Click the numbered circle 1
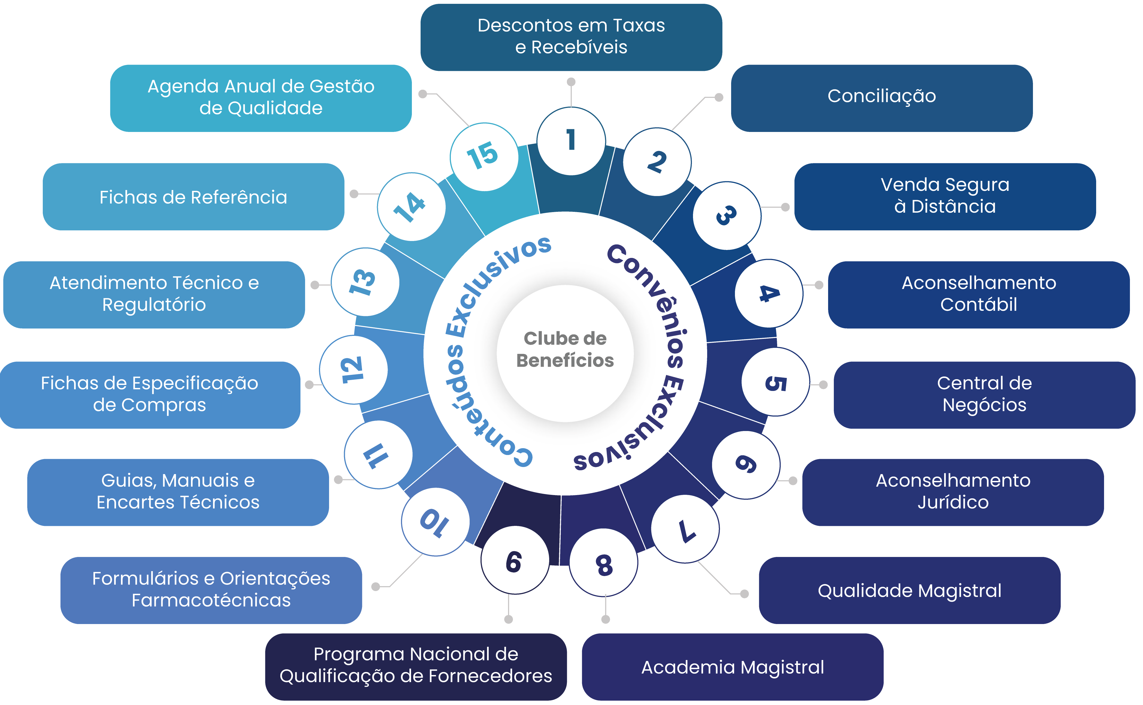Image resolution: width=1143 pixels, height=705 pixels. [571, 141]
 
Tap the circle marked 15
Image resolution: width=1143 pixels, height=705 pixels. [484, 157]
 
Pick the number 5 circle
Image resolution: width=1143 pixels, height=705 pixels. [776, 382]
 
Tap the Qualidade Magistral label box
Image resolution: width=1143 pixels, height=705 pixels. [909, 590]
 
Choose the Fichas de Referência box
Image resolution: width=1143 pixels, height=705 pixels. [193, 197]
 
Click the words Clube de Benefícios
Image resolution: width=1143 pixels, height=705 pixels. [565, 350]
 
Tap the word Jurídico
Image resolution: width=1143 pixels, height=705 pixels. [953, 502]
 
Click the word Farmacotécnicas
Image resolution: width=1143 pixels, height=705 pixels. [211, 600]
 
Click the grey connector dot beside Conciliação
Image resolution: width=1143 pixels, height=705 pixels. [719, 97]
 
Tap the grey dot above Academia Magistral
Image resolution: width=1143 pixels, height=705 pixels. [606, 619]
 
